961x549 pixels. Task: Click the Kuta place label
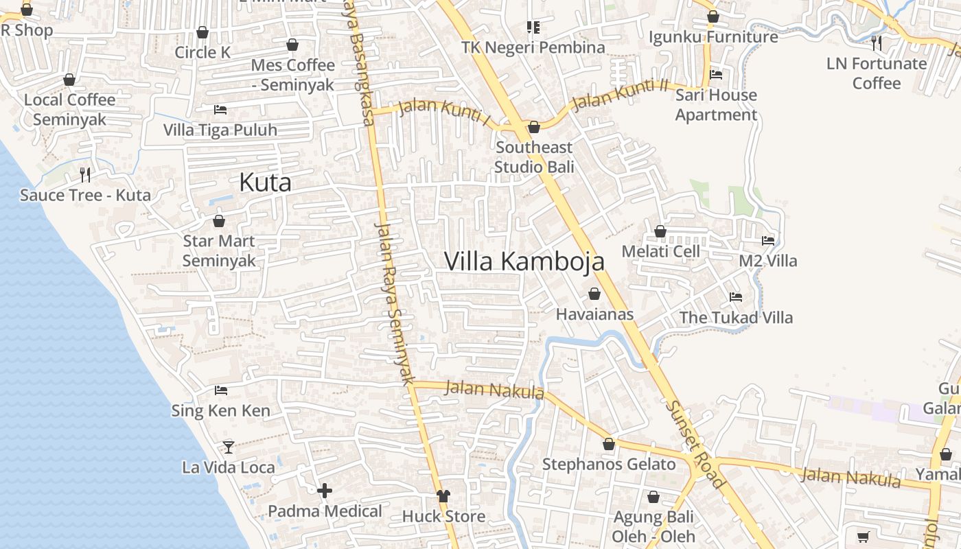[x=265, y=183]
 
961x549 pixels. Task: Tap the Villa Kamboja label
[x=524, y=261]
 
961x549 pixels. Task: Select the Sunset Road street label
[x=695, y=444]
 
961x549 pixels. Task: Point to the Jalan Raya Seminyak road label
[x=395, y=302]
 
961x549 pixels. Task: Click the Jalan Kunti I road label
[x=445, y=112]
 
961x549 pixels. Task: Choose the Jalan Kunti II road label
[x=620, y=95]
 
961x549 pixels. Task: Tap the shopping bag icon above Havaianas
[x=594, y=294]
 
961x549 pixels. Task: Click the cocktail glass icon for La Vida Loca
[x=229, y=447]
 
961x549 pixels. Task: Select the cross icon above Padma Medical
[x=325, y=491]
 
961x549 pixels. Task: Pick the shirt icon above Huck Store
[x=443, y=495]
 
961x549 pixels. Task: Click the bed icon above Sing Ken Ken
[x=220, y=390]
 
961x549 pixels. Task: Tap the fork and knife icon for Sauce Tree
[x=85, y=174]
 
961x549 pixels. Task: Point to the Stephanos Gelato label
[x=609, y=465]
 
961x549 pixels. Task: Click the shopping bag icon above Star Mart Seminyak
[x=219, y=221]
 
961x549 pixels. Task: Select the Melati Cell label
[x=660, y=252]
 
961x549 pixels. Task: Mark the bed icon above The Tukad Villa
[x=736, y=296]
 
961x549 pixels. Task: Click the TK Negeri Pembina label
[x=533, y=47]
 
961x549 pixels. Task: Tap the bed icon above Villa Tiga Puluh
[x=220, y=109]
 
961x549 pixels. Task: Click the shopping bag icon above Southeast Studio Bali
[x=533, y=127]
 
